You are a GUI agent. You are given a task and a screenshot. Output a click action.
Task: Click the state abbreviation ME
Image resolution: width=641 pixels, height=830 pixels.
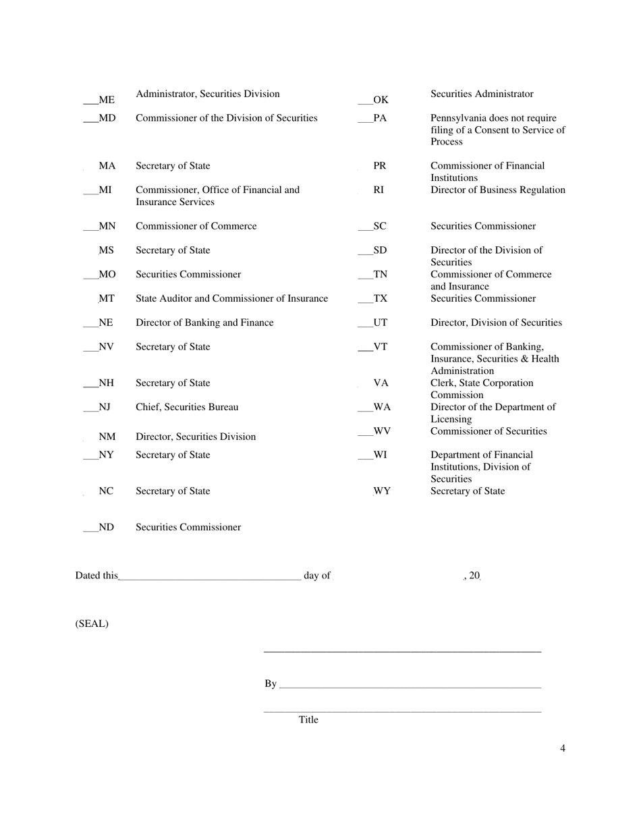[x=107, y=100]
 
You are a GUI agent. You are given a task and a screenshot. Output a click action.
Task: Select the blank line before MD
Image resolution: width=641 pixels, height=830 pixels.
[x=90, y=121]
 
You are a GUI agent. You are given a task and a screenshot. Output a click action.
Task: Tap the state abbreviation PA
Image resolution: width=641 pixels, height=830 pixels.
[x=381, y=118]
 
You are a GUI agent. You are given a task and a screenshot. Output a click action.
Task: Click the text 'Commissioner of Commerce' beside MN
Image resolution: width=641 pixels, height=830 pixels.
[x=196, y=226]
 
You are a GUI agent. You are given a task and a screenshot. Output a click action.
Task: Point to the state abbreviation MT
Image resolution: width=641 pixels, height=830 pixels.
[x=107, y=298]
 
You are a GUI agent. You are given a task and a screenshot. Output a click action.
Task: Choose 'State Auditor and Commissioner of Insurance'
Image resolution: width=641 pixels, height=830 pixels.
[x=232, y=298]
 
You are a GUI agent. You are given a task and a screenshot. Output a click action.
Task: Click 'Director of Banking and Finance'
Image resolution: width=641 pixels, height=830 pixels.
[x=204, y=323]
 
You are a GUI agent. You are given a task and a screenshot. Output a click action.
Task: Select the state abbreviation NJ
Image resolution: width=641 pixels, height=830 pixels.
[x=105, y=407]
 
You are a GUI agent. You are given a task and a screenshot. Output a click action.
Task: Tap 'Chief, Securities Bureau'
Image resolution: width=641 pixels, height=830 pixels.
[x=187, y=407]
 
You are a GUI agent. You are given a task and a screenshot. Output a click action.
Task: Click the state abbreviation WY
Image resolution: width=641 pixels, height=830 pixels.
[x=382, y=491]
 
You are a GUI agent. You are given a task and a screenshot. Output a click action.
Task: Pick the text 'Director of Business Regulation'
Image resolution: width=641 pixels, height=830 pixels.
[x=498, y=190]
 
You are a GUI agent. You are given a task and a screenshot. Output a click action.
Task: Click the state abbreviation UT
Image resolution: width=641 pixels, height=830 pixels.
[x=381, y=323]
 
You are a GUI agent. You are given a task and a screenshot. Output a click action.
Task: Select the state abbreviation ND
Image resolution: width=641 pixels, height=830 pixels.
[x=107, y=527]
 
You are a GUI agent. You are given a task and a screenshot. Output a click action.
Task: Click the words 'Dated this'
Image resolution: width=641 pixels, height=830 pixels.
[x=96, y=576]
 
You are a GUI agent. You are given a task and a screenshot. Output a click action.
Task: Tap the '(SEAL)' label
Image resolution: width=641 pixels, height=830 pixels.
[x=92, y=624]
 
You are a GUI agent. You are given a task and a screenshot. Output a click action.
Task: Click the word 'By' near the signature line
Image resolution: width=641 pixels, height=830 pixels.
[x=271, y=684]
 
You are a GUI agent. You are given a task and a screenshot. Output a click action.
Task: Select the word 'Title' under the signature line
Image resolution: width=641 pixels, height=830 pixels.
[x=308, y=719]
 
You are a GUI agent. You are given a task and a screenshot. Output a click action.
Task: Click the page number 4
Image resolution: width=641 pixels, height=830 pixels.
[x=563, y=748]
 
